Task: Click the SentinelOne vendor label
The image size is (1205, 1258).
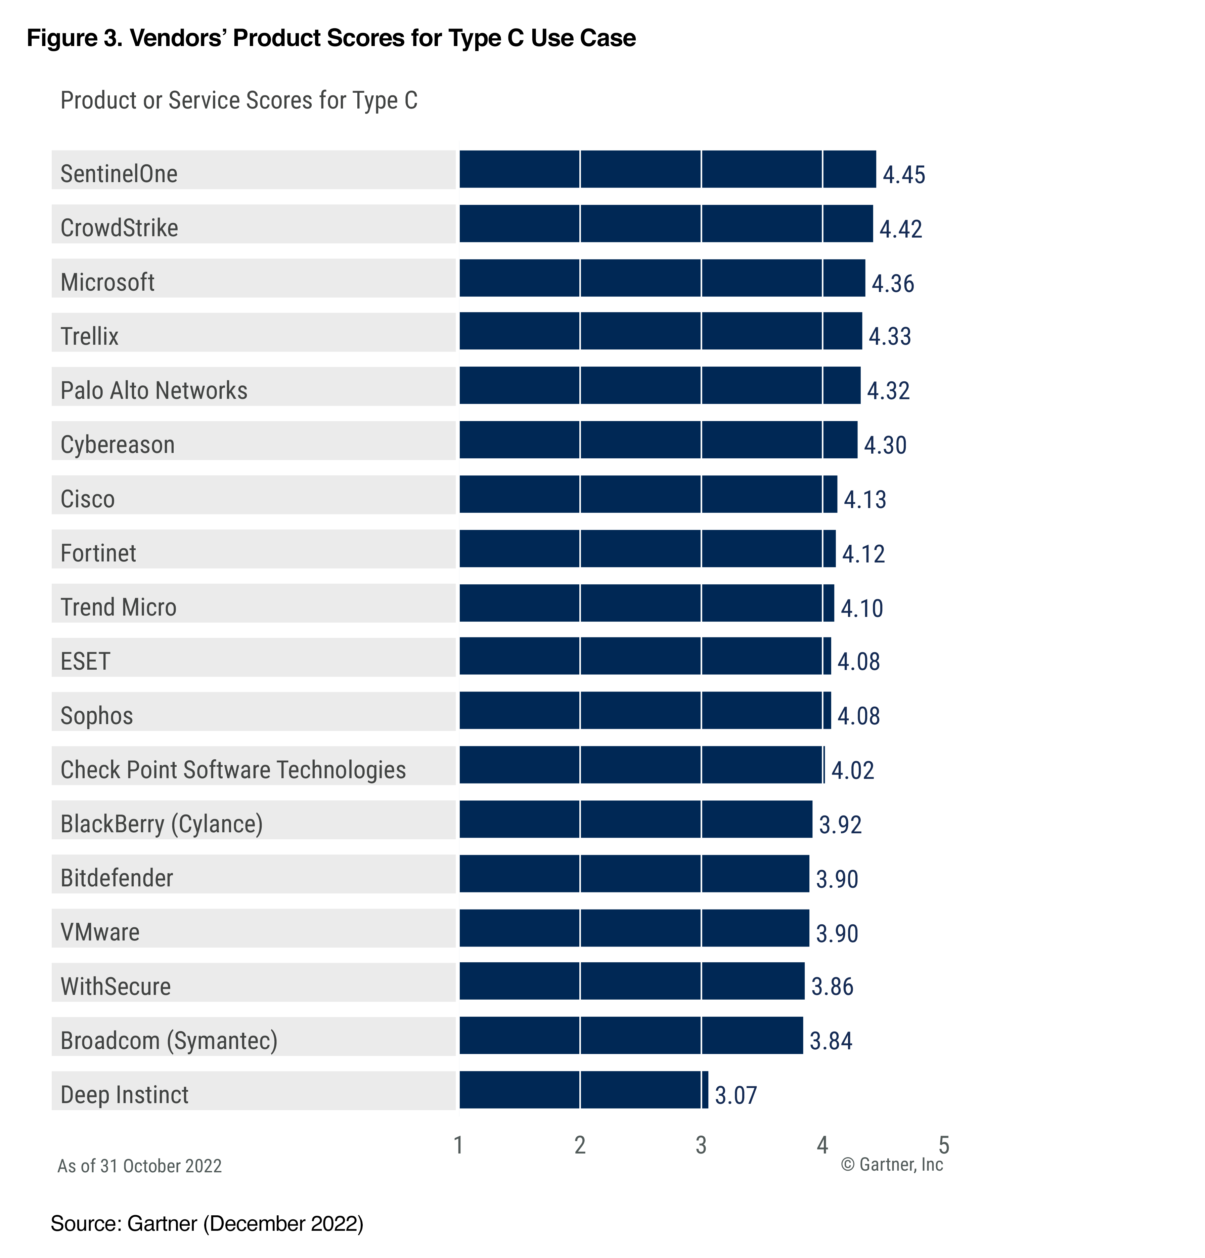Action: coord(119,173)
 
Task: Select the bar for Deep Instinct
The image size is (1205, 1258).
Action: coord(583,1089)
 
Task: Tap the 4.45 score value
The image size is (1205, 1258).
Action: coord(903,175)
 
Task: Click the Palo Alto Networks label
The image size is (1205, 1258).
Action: coord(154,390)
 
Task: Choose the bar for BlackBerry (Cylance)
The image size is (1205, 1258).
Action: coord(635,819)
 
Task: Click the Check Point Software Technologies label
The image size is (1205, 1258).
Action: coord(233,769)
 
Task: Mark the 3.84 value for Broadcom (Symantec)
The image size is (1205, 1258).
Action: coord(830,1040)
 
